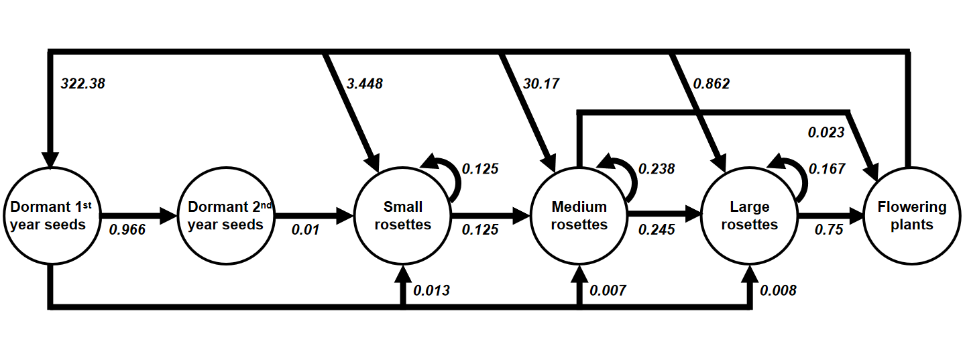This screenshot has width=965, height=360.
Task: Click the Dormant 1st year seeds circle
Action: (x=48, y=216)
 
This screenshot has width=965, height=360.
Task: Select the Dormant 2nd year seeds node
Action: (x=225, y=216)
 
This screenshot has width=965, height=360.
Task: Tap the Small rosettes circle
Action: (x=402, y=216)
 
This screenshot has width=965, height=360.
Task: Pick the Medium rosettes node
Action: (x=579, y=216)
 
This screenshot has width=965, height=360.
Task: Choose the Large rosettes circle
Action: (x=749, y=216)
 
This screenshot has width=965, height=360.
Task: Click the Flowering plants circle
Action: (x=911, y=216)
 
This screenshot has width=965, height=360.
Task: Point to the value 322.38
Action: (x=82, y=84)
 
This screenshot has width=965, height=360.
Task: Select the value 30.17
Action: (x=541, y=84)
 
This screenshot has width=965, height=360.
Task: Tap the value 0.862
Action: (x=712, y=84)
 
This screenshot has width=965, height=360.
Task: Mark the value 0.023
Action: (x=826, y=132)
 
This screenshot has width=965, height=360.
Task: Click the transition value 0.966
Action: (x=128, y=230)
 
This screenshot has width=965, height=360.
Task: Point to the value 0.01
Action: (x=304, y=230)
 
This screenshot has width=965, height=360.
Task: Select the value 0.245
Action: (x=657, y=230)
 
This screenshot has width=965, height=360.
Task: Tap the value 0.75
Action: (x=829, y=230)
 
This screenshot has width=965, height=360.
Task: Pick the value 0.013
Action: (x=431, y=290)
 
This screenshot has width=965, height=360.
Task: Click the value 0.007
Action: (x=608, y=290)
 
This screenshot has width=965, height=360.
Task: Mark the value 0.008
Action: (x=778, y=290)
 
